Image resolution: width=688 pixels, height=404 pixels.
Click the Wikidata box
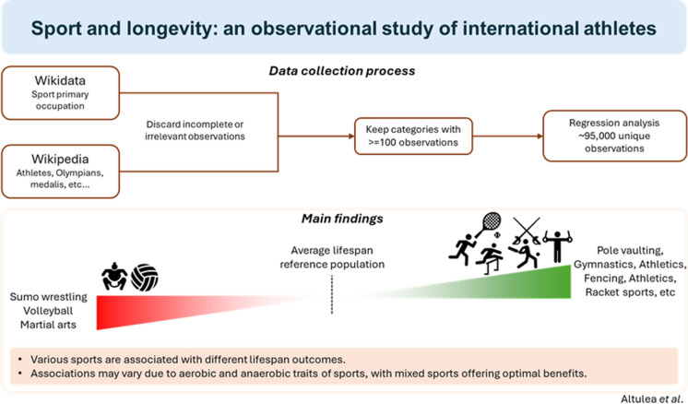61,93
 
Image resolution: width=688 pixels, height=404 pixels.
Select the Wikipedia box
61,172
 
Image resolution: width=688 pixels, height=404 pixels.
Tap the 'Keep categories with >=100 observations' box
413,136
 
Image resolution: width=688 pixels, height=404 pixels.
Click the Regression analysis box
615,136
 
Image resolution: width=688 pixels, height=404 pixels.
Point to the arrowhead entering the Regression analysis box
540,136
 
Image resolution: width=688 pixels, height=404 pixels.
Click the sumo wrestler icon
114,277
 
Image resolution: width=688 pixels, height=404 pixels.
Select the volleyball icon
145,278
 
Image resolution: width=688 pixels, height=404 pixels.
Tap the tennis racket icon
489,224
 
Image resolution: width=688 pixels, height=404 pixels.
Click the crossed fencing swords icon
527,231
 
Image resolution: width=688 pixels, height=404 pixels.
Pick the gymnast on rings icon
557,246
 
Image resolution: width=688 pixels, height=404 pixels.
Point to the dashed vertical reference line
332,294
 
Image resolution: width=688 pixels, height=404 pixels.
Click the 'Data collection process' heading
342,71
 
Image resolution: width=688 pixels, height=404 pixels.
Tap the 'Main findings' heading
342,219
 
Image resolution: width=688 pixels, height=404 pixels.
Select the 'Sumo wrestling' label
49,297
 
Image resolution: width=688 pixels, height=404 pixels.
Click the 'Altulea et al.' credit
653,398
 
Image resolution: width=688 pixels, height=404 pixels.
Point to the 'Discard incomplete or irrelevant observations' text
195,130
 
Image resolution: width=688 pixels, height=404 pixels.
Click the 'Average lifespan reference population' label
332,257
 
